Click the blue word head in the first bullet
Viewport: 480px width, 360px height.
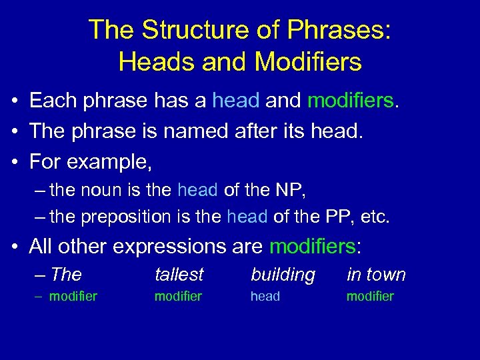point(236,101)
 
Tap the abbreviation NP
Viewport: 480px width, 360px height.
point(290,190)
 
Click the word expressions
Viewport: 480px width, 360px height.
point(158,247)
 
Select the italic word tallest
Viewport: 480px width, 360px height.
point(179,275)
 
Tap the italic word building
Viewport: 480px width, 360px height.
point(283,275)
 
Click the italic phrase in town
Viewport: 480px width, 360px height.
point(376,275)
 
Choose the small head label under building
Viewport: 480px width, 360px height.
point(265,297)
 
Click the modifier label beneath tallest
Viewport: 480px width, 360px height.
point(178,297)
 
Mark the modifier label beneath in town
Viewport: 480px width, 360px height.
point(370,297)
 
